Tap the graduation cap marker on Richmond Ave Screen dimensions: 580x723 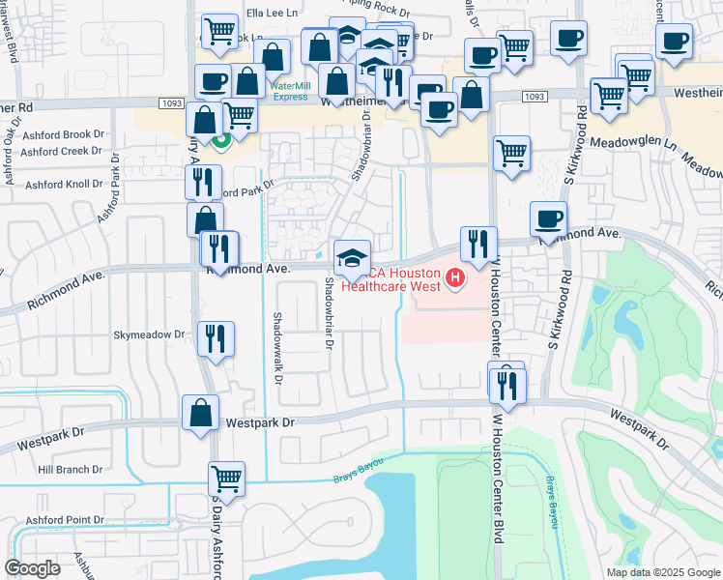(352, 258)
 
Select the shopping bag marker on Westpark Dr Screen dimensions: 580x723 (200, 412)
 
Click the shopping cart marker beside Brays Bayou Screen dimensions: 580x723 (226, 478)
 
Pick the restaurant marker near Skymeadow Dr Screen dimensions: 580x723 (215, 338)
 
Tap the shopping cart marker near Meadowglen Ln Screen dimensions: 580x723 (511, 153)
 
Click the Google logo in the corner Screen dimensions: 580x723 (33, 568)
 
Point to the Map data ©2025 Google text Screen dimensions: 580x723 (662, 572)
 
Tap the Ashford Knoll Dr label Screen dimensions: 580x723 (64, 184)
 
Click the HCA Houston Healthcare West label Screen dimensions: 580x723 (391, 277)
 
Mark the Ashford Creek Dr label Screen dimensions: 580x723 (62, 151)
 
